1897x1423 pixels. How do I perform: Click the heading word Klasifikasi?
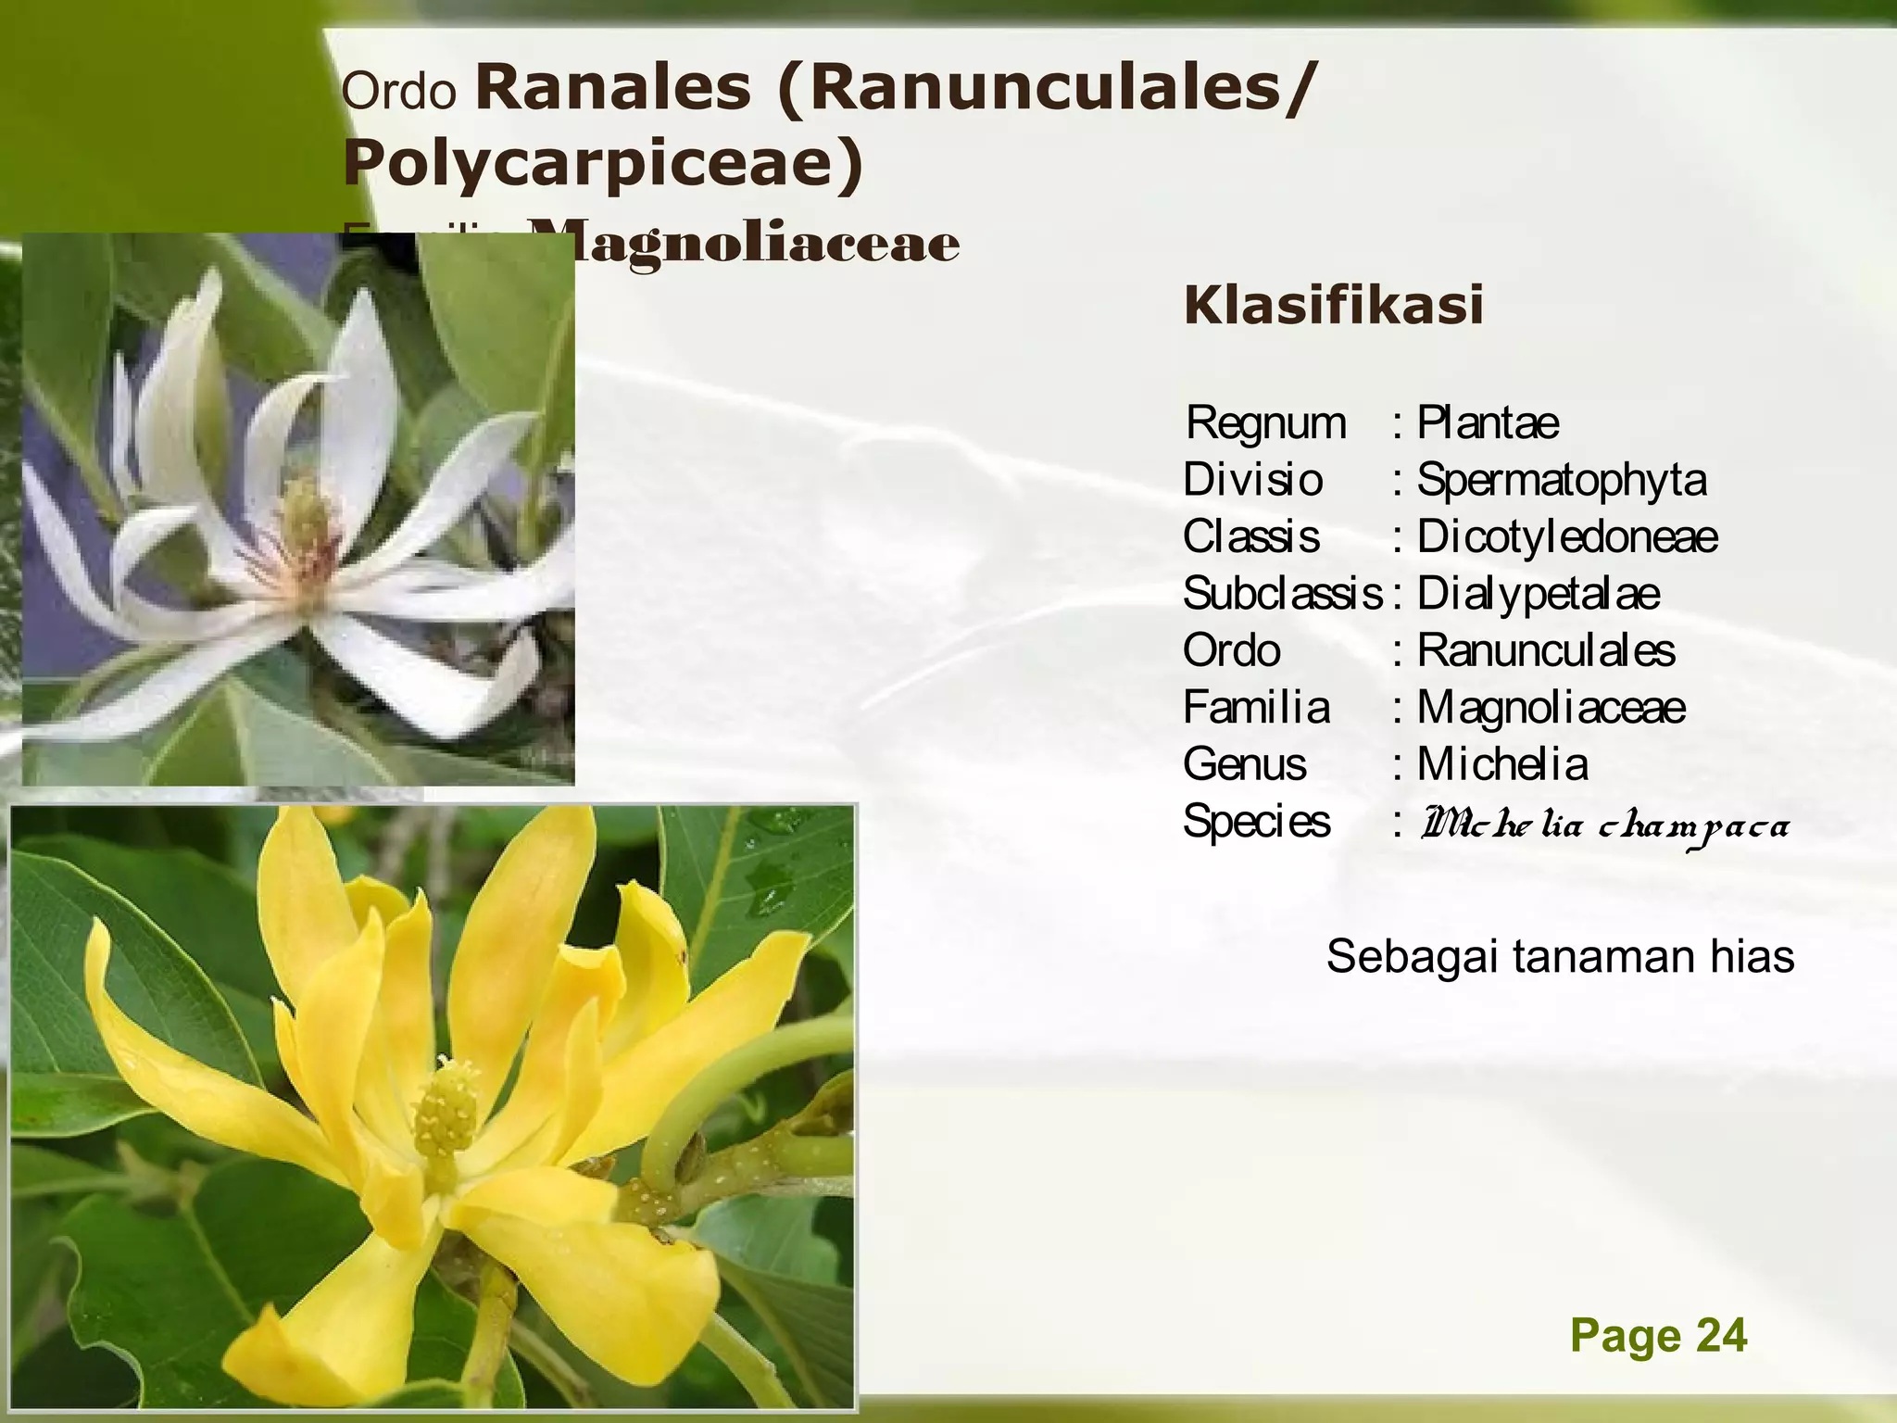pyautogui.click(x=1333, y=306)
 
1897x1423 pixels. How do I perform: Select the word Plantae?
pyautogui.click(x=1488, y=423)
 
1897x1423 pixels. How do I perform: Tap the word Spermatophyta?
pyautogui.click(x=1562, y=480)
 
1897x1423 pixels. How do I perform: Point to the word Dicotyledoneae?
pyautogui.click(x=1567, y=536)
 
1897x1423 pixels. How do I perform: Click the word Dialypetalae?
pyautogui.click(x=1538, y=594)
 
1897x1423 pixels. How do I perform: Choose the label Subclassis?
pyautogui.click(x=1282, y=594)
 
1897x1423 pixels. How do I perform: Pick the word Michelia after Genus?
pyautogui.click(x=1502, y=765)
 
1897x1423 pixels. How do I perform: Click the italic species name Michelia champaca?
pyautogui.click(x=1604, y=824)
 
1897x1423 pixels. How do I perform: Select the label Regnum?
pyautogui.click(x=1265, y=423)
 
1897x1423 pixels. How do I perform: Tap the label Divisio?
pyautogui.click(x=1253, y=480)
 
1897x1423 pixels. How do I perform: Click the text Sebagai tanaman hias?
pyautogui.click(x=1560, y=956)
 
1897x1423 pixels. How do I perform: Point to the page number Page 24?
pyautogui.click(x=1658, y=1336)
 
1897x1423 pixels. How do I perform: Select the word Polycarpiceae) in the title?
pyautogui.click(x=603, y=162)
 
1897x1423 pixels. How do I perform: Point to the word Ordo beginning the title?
pyautogui.click(x=399, y=92)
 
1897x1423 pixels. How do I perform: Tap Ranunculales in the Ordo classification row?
pyautogui.click(x=1545, y=651)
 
